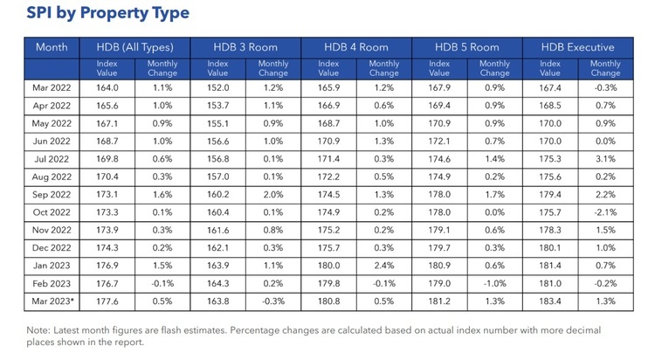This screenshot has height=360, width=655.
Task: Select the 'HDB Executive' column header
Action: tap(577, 47)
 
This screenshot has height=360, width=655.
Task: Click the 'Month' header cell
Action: tap(52, 47)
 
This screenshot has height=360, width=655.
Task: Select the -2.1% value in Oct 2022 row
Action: tap(605, 211)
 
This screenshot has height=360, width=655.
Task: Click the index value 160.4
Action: tap(218, 211)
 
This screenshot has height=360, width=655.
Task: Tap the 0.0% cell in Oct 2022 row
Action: tap(495, 211)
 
